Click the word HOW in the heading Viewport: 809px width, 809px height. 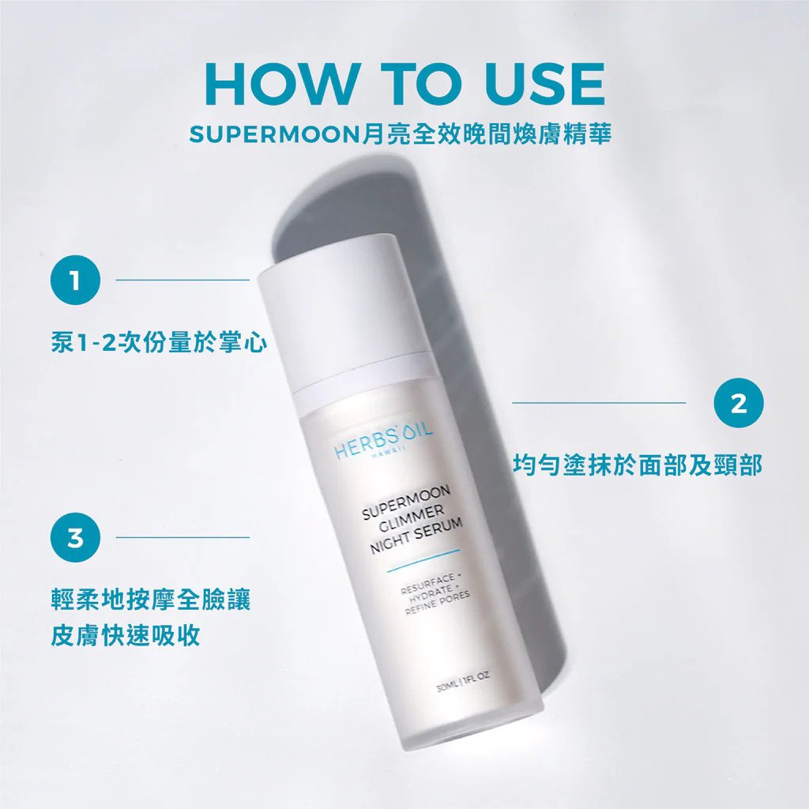pos(282,84)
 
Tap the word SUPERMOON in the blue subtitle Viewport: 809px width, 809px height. pos(274,134)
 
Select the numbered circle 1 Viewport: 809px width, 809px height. pos(75,280)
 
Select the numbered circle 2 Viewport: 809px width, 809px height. pos(739,402)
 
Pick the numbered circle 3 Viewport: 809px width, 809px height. pos(75,537)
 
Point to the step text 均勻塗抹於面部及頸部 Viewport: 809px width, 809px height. pos(638,465)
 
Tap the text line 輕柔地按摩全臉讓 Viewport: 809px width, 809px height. pos(151,600)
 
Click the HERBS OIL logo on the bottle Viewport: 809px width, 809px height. pos(383,442)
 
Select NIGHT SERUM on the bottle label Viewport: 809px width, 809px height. pos(416,536)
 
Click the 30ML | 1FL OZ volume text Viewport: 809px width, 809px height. pos(463,681)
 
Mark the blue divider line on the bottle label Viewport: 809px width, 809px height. pos(423,560)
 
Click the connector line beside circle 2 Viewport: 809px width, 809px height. pos(599,402)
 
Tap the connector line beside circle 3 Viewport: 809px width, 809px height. pos(182,537)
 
